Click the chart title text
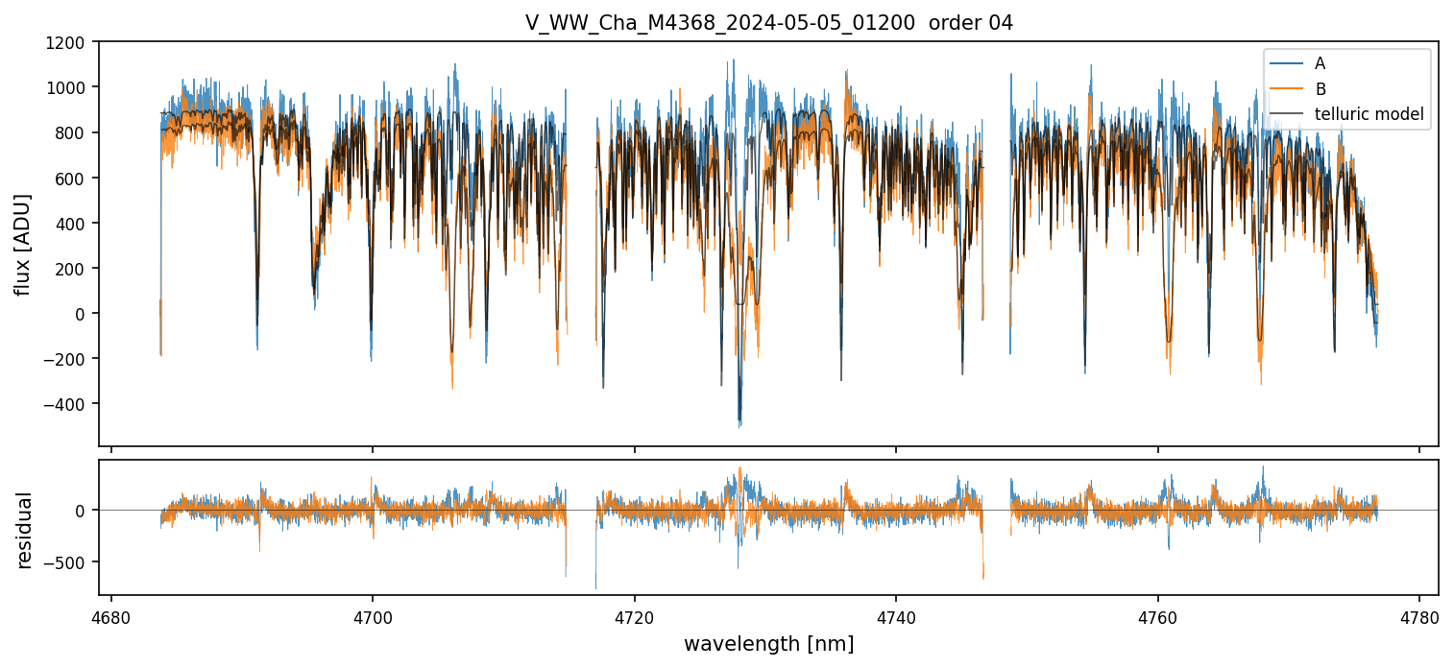768,23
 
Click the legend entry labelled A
1320,64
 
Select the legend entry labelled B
1320,89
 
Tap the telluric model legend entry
1369,115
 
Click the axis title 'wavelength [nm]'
768,644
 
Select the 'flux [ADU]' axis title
22,244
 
